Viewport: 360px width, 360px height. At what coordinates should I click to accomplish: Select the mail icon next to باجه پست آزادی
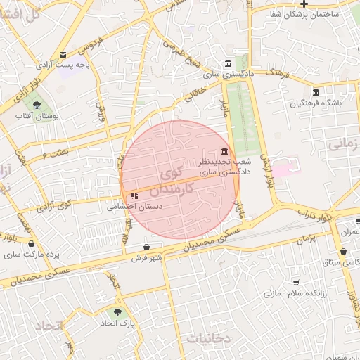[x=63, y=55]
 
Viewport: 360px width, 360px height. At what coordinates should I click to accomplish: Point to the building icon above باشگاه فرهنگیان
[x=316, y=92]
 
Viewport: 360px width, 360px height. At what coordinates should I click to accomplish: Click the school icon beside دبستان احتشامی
[x=134, y=196]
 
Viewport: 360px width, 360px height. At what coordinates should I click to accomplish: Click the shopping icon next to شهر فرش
[x=146, y=247]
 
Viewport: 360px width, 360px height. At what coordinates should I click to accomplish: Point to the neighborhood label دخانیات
[x=208, y=338]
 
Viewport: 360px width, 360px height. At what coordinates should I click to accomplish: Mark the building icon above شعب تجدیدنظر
[x=224, y=151]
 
